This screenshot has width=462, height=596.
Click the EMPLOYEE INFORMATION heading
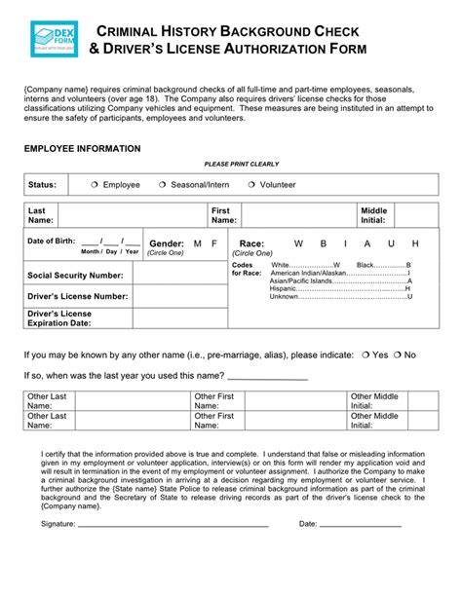click(x=82, y=149)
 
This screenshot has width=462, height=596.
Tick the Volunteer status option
click(x=251, y=184)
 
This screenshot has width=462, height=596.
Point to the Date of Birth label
click(x=51, y=242)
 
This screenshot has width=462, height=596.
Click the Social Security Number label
click(x=77, y=275)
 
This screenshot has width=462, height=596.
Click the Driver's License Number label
click(x=77, y=296)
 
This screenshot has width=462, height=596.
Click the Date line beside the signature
click(x=362, y=524)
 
